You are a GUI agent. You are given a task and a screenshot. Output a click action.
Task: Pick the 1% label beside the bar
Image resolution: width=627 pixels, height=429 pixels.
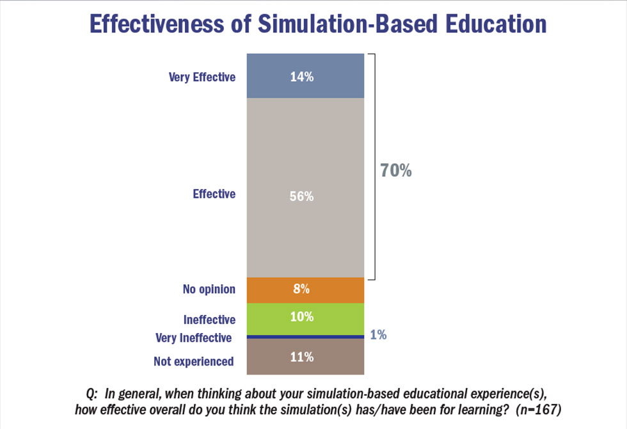click(x=378, y=335)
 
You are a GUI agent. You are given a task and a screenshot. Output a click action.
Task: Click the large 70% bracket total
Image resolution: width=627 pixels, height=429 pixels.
click(x=396, y=171)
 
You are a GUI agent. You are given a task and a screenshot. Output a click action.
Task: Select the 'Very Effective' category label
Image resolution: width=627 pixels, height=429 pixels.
click(x=202, y=77)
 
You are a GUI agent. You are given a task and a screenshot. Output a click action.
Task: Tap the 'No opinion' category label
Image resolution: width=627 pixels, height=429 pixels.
click(x=209, y=289)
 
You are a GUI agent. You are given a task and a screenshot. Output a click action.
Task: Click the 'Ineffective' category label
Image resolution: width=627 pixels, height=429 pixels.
click(x=209, y=318)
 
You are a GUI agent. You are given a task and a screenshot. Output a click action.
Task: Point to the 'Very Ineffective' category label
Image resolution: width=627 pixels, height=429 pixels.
click(x=194, y=337)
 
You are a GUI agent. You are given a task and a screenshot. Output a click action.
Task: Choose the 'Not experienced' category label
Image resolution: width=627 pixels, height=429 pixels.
click(x=194, y=361)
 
